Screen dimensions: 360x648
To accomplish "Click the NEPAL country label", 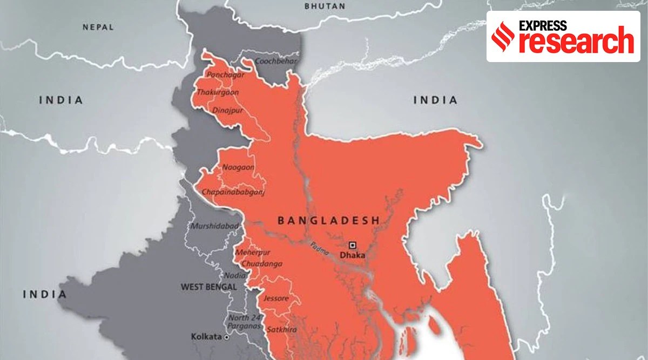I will point(98,26).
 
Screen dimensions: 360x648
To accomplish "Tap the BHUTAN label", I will point(325,6).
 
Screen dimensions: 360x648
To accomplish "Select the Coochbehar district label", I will point(276,62).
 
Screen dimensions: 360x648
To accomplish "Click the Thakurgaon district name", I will point(217,93).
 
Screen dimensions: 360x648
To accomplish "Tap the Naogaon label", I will point(238,168).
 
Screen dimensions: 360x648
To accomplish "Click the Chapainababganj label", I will point(233,192).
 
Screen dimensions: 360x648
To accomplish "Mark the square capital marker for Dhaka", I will point(352,244).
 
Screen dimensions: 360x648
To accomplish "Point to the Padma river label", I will point(319,252).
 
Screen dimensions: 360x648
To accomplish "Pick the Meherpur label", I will point(253,253).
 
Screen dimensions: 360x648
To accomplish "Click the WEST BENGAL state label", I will point(209,287).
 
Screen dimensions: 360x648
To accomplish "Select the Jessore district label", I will point(276,298).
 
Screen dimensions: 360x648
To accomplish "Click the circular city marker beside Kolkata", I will point(227,337).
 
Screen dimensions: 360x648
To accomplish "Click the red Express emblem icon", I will point(504,37).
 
